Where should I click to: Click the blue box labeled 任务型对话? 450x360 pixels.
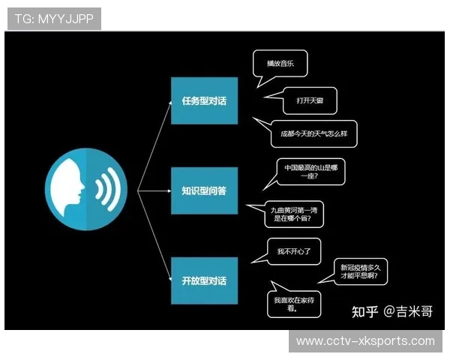204,100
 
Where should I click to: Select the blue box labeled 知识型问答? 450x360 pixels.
204,190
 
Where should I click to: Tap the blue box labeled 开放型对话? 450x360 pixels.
204,280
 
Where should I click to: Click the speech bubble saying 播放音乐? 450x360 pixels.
280,64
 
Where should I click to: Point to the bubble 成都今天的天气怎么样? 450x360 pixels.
313,133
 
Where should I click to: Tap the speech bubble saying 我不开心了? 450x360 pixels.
288,250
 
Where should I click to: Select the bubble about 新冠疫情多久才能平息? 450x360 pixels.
364,271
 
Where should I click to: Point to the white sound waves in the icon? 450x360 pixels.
106,187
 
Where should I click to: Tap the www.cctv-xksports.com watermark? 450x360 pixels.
365,341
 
